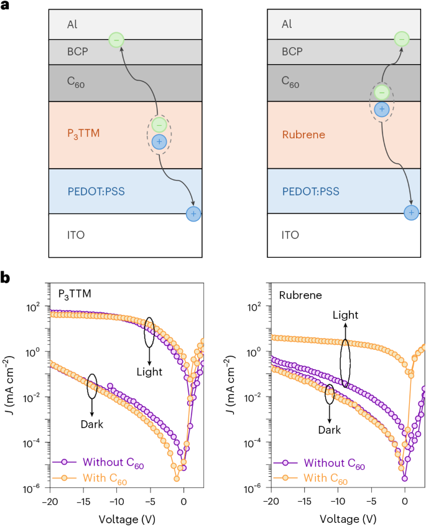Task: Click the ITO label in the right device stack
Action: click(290, 235)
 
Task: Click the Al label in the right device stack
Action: click(287, 24)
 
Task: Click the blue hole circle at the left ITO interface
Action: click(194, 214)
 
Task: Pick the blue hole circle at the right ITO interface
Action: click(410, 214)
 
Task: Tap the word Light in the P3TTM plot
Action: click(149, 372)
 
